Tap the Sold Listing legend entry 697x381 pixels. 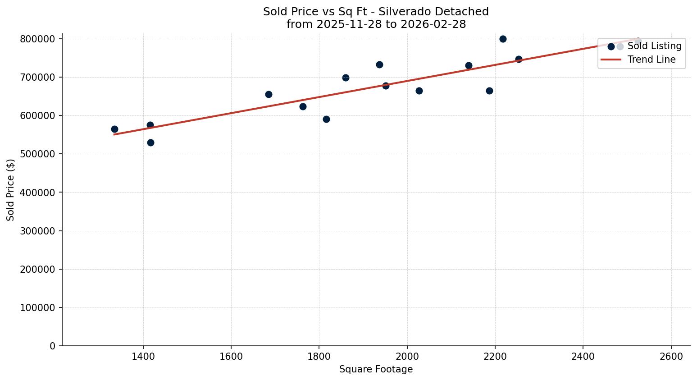click(x=654, y=46)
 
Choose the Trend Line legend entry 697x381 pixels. click(x=651, y=60)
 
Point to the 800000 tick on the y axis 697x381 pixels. click(x=37, y=39)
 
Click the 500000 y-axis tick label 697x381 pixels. click(x=37, y=154)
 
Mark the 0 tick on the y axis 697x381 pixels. click(x=53, y=346)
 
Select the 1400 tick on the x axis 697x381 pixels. click(x=143, y=356)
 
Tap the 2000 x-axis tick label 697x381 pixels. click(x=407, y=356)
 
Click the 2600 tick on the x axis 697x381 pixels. click(x=671, y=356)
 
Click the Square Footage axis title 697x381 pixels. click(x=376, y=370)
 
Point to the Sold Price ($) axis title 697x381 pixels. click(x=11, y=190)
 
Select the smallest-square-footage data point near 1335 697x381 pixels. click(x=114, y=129)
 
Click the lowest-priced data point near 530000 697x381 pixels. click(x=150, y=142)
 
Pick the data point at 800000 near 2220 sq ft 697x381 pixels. click(x=503, y=39)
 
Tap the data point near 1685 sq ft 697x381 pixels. click(x=269, y=94)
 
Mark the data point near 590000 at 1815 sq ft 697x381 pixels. click(x=326, y=119)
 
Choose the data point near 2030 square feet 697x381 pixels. click(x=419, y=91)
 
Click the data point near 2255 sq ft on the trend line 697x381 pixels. click(x=519, y=59)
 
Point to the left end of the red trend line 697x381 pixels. click(x=114, y=134)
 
